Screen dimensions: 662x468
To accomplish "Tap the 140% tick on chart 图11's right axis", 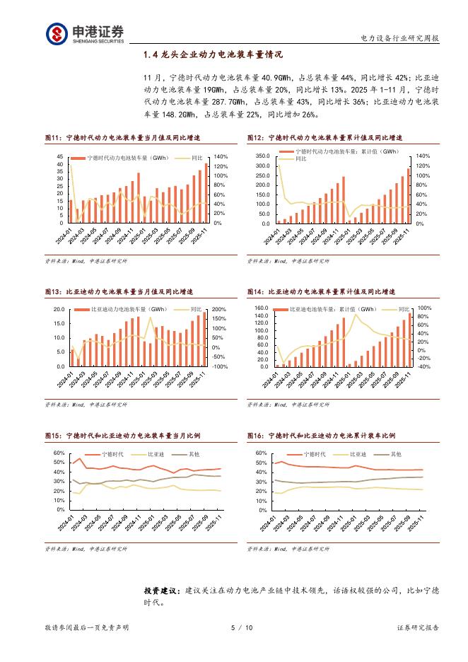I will (x=220, y=156).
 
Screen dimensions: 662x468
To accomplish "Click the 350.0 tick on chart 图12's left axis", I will (x=263, y=156).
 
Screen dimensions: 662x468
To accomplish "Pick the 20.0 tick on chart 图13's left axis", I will (x=59, y=310).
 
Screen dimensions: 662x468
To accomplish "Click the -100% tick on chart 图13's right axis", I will (x=218, y=367).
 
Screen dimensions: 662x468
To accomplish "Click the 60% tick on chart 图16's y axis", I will (x=260, y=453).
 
